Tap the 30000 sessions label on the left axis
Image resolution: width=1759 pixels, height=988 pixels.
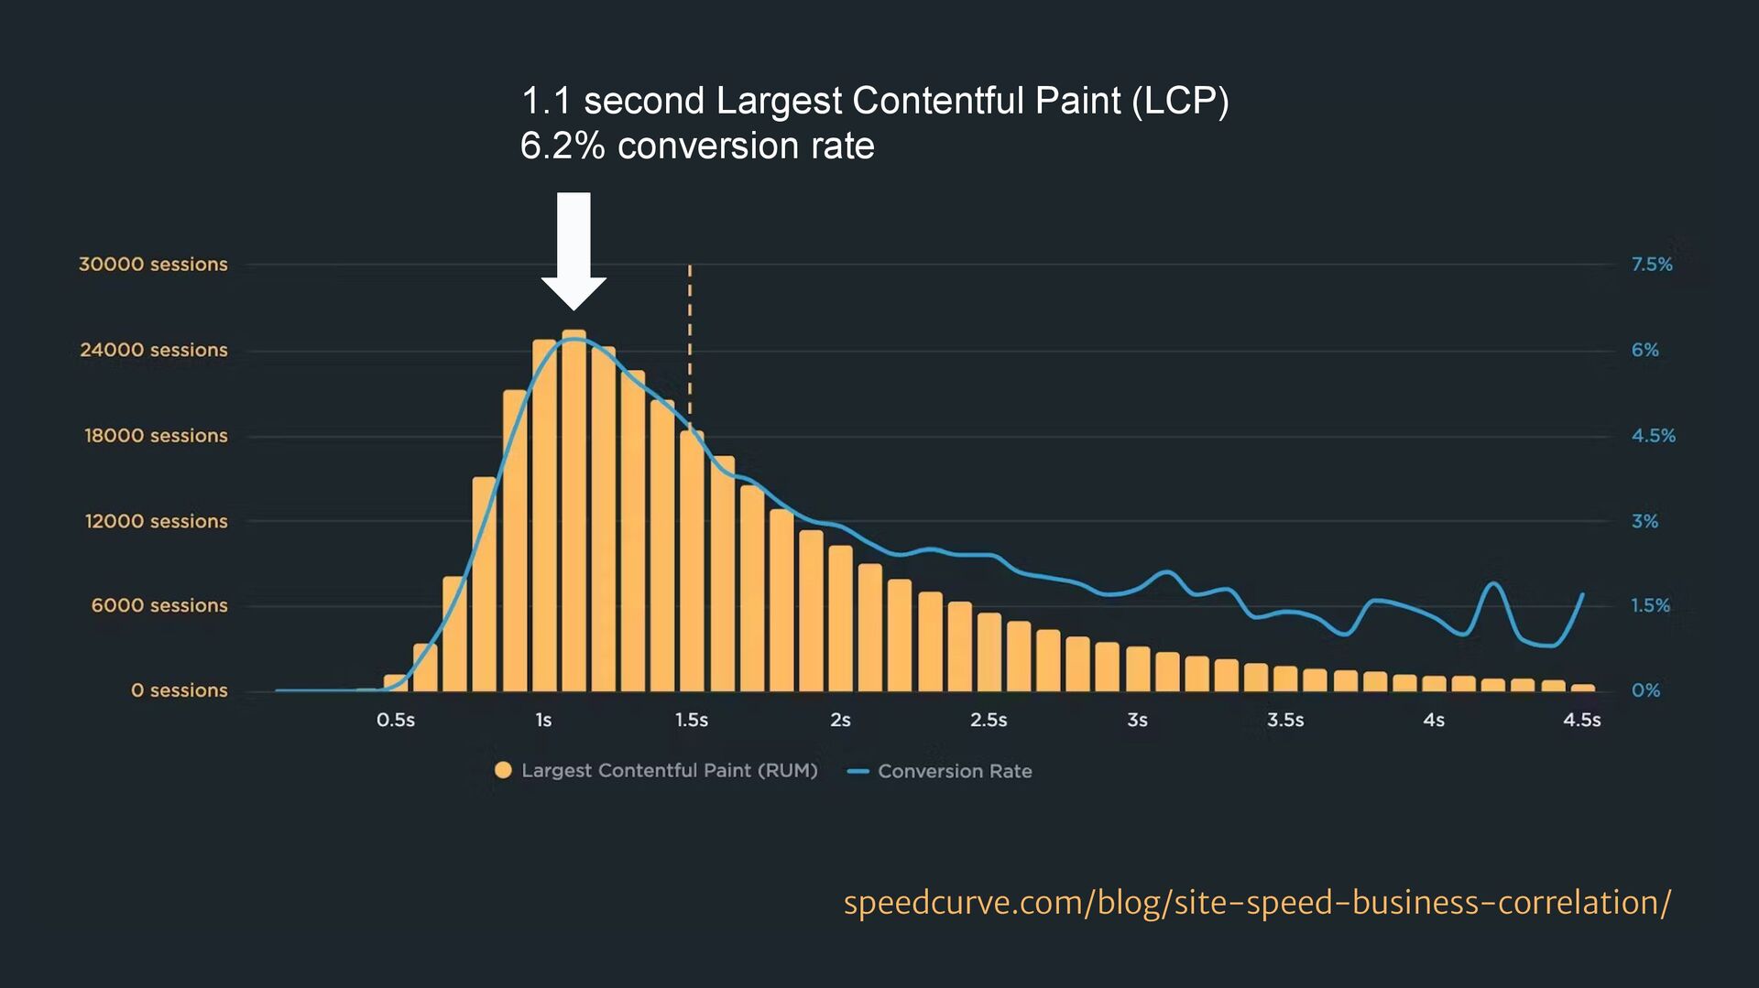(x=153, y=265)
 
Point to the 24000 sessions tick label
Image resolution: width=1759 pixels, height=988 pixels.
(x=154, y=350)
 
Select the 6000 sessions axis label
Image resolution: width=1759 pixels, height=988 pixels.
(x=159, y=605)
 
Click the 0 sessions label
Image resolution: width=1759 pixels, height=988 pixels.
(x=179, y=690)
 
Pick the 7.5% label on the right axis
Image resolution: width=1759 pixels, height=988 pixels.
(x=1652, y=265)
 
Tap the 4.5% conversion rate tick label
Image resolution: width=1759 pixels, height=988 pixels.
(x=1653, y=436)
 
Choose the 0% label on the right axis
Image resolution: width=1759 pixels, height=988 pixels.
(x=1645, y=690)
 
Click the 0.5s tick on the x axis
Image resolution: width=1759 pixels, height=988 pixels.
(x=396, y=721)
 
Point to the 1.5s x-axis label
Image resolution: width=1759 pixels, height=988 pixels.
(x=692, y=721)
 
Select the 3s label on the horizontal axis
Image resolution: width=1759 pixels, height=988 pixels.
(x=1137, y=721)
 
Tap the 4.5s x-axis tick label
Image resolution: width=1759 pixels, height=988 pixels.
(x=1582, y=721)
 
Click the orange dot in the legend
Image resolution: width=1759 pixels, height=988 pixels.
(x=503, y=770)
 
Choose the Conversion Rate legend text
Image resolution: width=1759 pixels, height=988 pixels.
(x=955, y=771)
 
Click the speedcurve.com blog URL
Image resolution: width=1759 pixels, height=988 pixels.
(x=1257, y=903)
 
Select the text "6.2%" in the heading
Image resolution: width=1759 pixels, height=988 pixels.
(x=563, y=147)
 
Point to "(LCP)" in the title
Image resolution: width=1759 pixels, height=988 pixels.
(x=1180, y=101)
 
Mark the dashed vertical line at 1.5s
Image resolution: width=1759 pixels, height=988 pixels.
(x=690, y=348)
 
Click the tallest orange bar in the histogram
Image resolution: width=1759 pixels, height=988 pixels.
(x=574, y=513)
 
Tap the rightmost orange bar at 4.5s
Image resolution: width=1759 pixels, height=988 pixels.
(x=1583, y=688)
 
